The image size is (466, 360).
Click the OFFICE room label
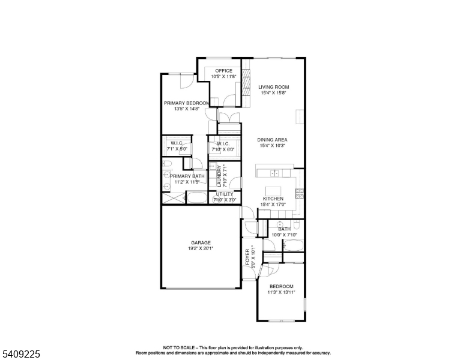click(x=224, y=71)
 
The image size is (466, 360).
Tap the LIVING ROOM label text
click(x=273, y=87)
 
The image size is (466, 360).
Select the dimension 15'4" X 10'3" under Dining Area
click(x=273, y=146)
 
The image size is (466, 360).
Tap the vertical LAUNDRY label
click(x=219, y=176)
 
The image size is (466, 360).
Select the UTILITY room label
click(x=225, y=194)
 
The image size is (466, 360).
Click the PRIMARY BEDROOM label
click(x=186, y=103)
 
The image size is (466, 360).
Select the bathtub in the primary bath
click(x=196, y=197)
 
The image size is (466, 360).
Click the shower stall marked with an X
click(x=173, y=198)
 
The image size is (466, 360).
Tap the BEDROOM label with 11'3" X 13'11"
click(x=281, y=286)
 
